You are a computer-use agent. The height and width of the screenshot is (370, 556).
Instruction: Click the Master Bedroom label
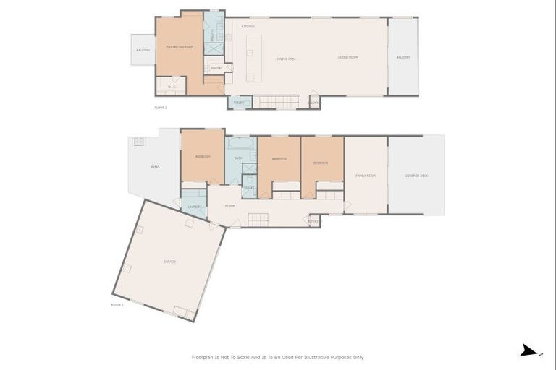180,47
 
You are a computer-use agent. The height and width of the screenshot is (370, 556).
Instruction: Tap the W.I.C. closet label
172,87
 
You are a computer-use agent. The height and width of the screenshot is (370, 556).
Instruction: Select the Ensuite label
212,33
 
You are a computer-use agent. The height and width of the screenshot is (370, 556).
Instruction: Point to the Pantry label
216,69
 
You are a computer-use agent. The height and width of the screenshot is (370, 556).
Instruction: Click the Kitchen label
248,26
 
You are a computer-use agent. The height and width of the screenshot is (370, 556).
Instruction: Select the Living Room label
348,57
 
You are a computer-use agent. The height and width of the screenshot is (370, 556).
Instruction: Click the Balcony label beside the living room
403,57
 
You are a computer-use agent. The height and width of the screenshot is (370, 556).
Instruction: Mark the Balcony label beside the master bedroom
143,50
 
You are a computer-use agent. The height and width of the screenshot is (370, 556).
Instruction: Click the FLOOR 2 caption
161,107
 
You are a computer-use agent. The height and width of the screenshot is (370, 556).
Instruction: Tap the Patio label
155,166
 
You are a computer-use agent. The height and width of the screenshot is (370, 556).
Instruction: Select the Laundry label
194,207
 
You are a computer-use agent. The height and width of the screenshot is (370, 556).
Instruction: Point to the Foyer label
229,206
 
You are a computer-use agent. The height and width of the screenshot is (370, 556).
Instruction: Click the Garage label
169,262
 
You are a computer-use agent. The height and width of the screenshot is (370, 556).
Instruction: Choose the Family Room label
366,176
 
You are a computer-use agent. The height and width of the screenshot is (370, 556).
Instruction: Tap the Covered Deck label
417,176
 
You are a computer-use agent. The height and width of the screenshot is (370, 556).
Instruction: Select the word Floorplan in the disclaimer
204,357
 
